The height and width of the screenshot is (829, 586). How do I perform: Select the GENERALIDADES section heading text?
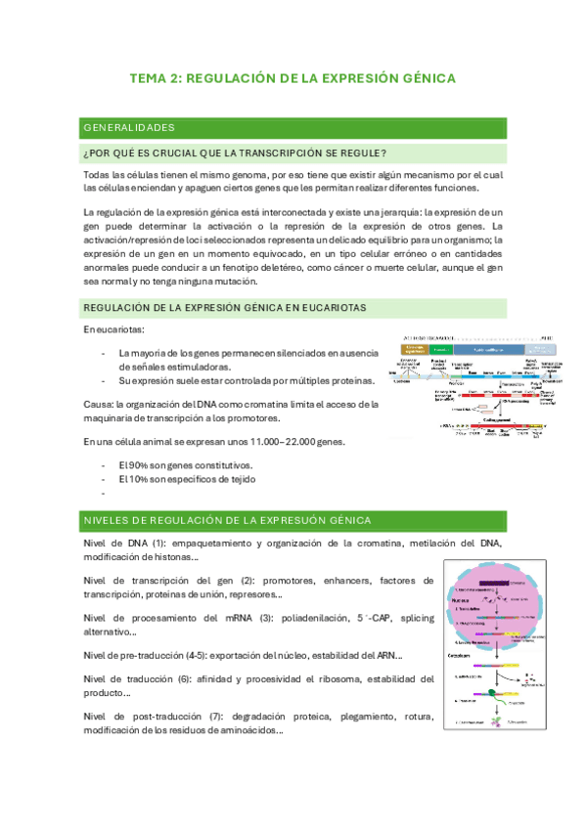(x=129, y=127)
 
